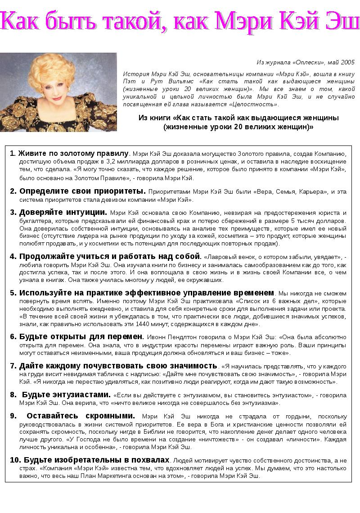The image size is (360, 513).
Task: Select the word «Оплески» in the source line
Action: click(x=310, y=62)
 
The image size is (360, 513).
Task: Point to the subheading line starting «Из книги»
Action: click(x=238, y=118)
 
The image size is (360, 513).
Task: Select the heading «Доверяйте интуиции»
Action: click(x=63, y=212)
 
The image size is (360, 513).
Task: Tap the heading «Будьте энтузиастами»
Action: click(x=66, y=395)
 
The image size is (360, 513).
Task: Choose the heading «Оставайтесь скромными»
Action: click(x=81, y=416)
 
